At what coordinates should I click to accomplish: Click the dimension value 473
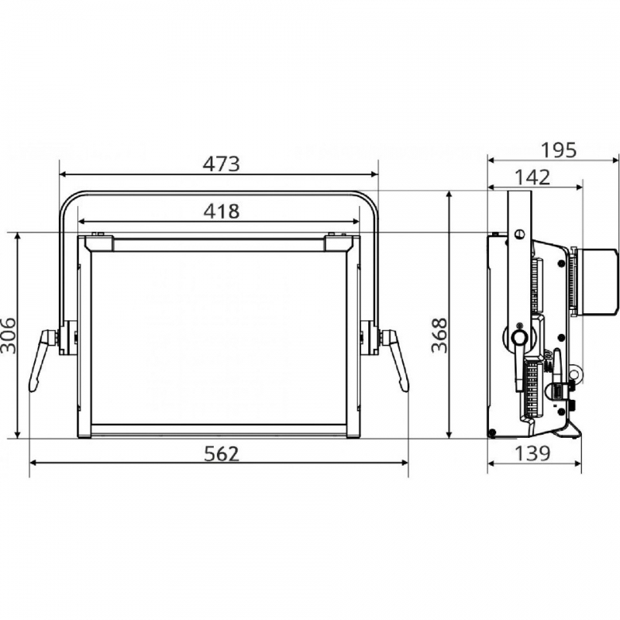point(221,164)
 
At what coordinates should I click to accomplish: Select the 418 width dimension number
point(222,212)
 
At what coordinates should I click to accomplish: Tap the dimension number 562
point(222,453)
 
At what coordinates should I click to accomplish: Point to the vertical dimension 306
point(9,336)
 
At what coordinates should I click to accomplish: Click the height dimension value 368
point(439,336)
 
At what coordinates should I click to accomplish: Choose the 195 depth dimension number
point(558,150)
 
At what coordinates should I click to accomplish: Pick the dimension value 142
point(532,177)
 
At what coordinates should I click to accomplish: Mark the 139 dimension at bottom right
point(532,453)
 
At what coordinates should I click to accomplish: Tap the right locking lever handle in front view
point(396,359)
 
